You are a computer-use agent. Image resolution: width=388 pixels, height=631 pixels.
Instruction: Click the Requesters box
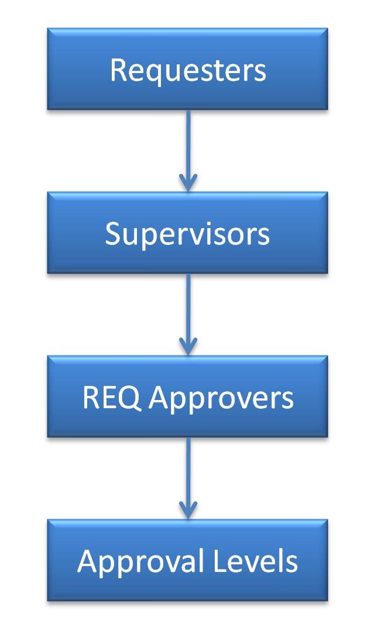[x=187, y=68]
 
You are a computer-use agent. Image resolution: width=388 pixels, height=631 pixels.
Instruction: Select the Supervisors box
[x=187, y=232]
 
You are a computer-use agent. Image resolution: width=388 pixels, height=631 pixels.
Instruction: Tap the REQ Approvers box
[x=187, y=396]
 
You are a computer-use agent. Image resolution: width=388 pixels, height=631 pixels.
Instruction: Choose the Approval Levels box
[x=187, y=560]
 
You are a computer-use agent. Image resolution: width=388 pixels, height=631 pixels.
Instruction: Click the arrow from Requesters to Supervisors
[x=187, y=146]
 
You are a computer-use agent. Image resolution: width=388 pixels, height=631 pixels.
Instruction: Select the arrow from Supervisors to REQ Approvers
[x=187, y=310]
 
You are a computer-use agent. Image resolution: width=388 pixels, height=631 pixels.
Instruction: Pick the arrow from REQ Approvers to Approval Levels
[x=187, y=474]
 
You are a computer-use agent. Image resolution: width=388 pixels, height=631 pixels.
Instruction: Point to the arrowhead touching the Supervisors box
[x=187, y=183]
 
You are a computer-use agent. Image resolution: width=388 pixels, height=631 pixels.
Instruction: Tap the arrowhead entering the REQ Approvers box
[x=187, y=347]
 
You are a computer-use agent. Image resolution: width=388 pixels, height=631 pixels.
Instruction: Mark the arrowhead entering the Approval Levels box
[x=187, y=511]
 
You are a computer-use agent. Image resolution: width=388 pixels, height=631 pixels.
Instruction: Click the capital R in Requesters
[x=117, y=70]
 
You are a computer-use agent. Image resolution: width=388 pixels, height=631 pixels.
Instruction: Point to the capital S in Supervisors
[x=113, y=234]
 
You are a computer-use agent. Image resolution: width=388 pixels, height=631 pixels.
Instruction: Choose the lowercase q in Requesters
[x=149, y=73]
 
